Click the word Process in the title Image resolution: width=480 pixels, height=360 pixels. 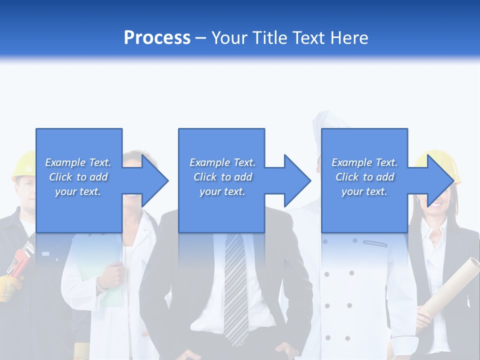click(x=157, y=38)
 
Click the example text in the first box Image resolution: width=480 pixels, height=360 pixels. click(x=78, y=177)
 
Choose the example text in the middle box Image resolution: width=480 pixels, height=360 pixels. click(x=222, y=177)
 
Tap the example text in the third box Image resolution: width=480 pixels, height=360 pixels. click(x=364, y=177)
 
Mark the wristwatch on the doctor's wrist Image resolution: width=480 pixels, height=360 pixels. click(x=100, y=285)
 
